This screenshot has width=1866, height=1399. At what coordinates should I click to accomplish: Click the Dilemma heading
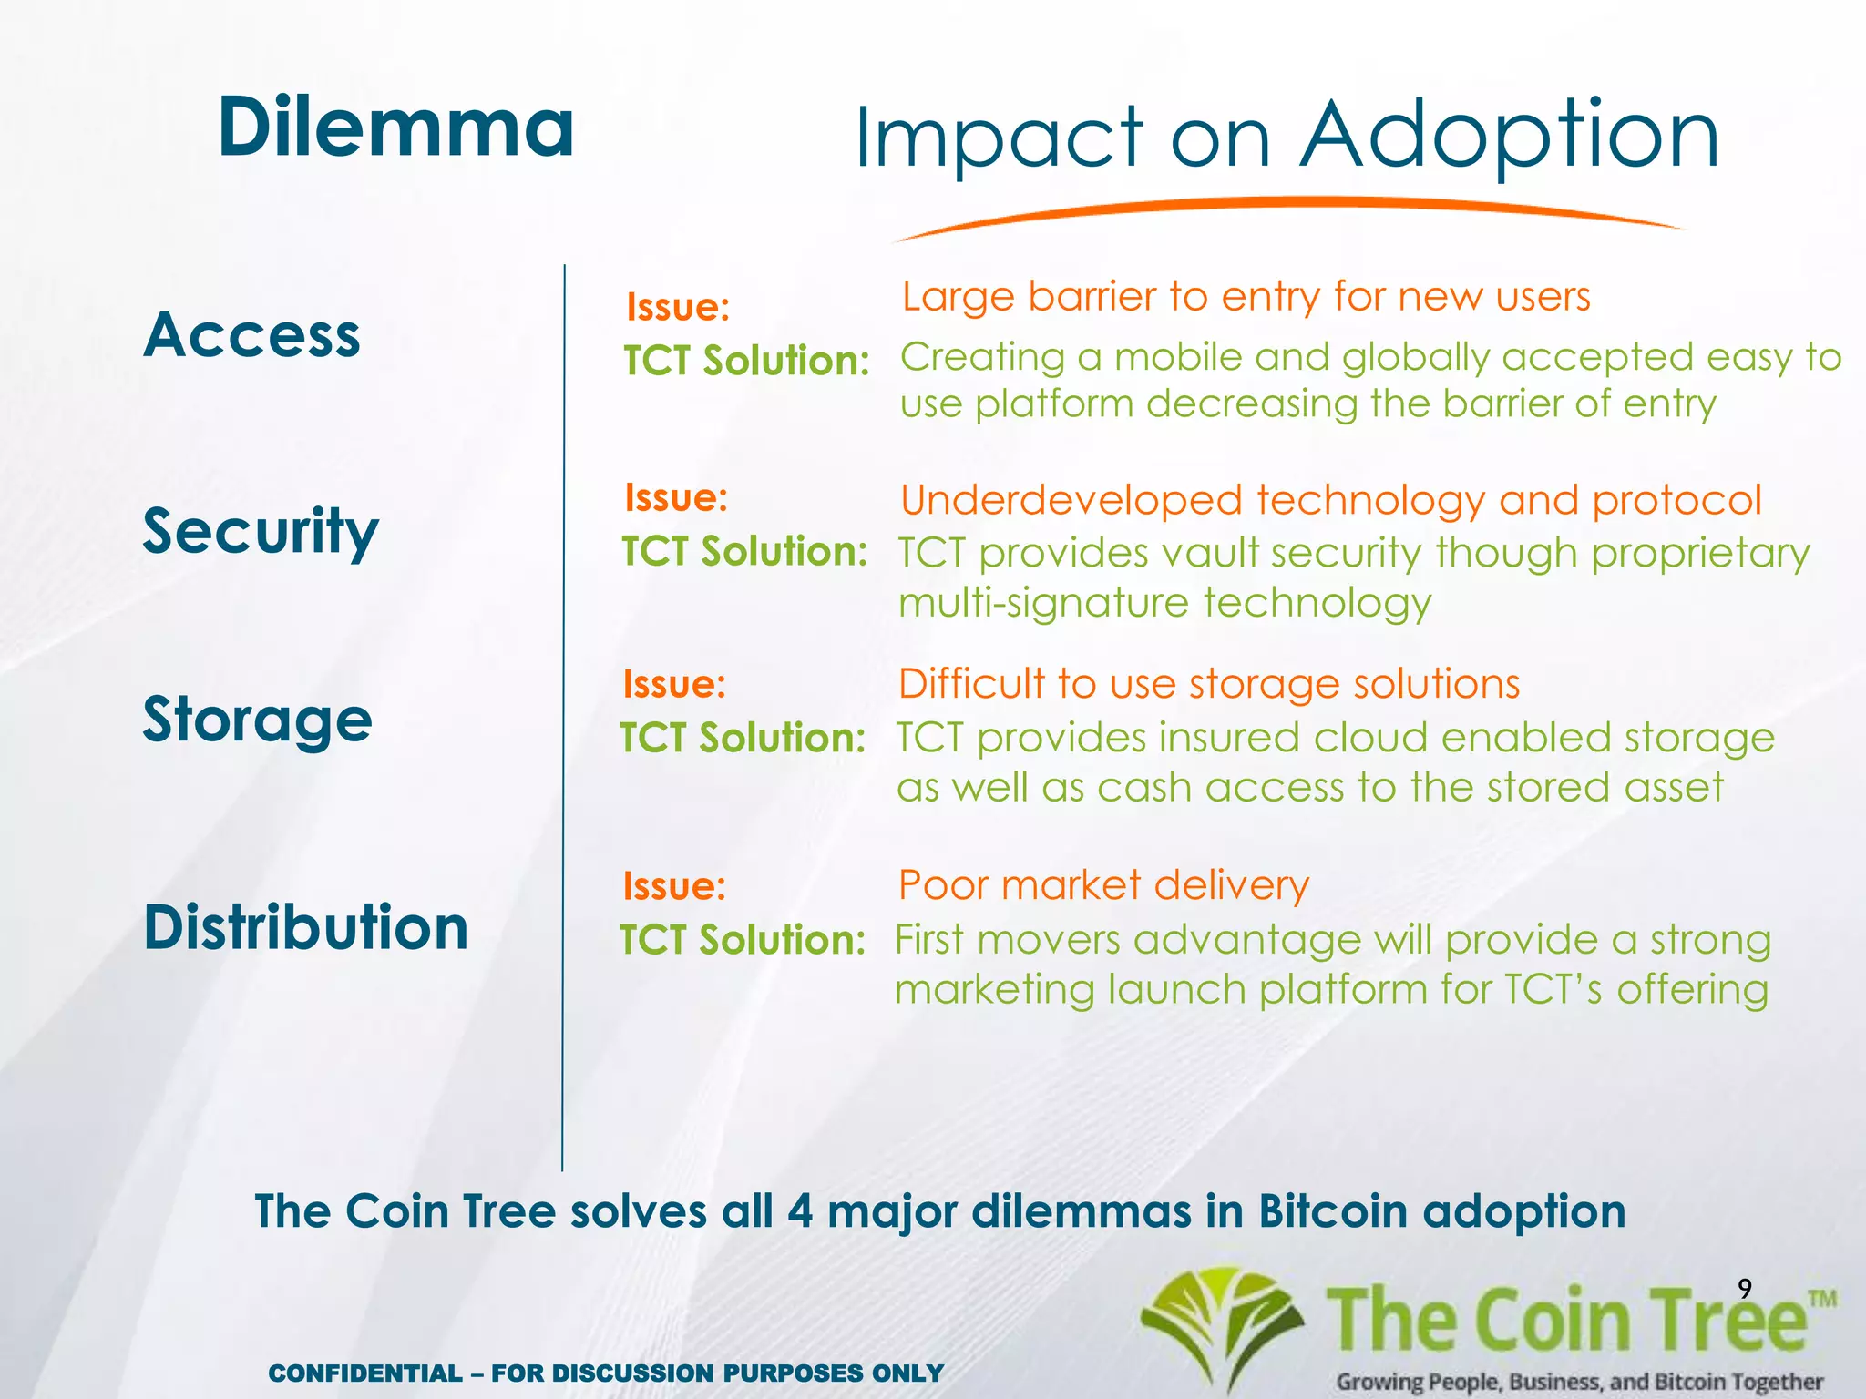[395, 128]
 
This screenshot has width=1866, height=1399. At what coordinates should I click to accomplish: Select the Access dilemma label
[252, 335]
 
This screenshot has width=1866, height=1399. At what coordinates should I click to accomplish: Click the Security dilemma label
[261, 531]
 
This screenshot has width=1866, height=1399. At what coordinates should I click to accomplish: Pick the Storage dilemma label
[258, 720]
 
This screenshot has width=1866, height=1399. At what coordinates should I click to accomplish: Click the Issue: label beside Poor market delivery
[674, 886]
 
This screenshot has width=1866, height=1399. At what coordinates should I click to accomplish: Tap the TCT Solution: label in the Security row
[744, 551]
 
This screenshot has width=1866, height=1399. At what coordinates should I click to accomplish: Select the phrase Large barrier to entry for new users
[1246, 297]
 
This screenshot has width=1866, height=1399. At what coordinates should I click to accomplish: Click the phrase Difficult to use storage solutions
[1208, 684]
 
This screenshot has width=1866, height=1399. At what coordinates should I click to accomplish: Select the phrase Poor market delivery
[1103, 885]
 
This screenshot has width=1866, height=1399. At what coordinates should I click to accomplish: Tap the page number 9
[1744, 1288]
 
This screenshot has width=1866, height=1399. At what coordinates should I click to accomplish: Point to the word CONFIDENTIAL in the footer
[365, 1373]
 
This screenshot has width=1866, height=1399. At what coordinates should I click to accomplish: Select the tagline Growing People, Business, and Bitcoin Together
[1579, 1382]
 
